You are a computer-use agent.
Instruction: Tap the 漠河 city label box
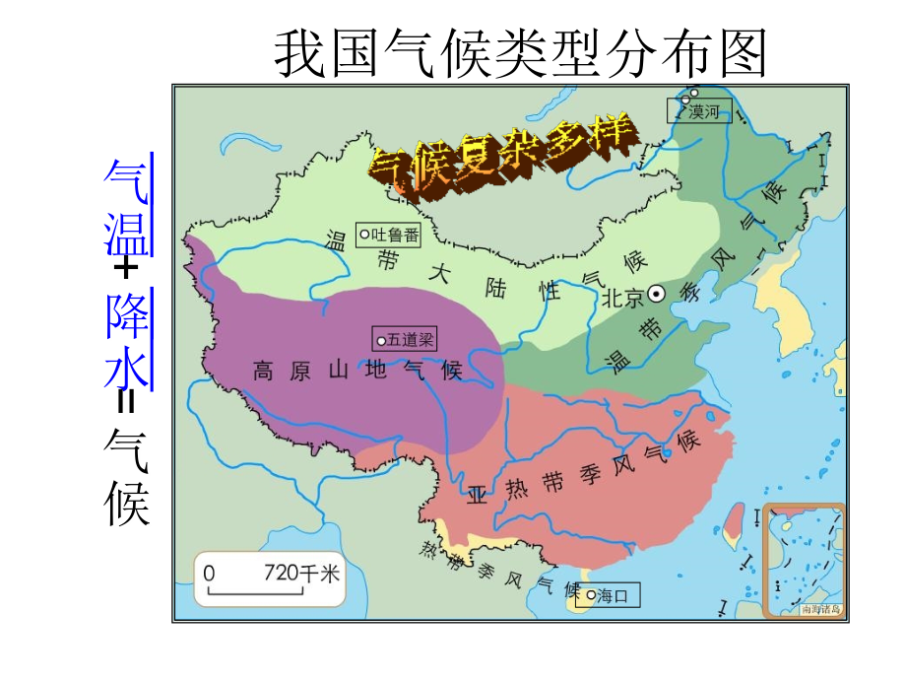(x=700, y=110)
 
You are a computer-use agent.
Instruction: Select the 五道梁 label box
(x=403, y=339)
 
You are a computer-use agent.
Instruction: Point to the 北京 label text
(x=622, y=296)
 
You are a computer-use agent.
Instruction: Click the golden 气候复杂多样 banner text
(x=501, y=157)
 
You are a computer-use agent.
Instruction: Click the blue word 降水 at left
(x=126, y=341)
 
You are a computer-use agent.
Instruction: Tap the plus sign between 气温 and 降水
(x=126, y=268)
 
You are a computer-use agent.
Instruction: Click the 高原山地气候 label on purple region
(x=356, y=371)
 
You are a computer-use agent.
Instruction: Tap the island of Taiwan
(x=733, y=522)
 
